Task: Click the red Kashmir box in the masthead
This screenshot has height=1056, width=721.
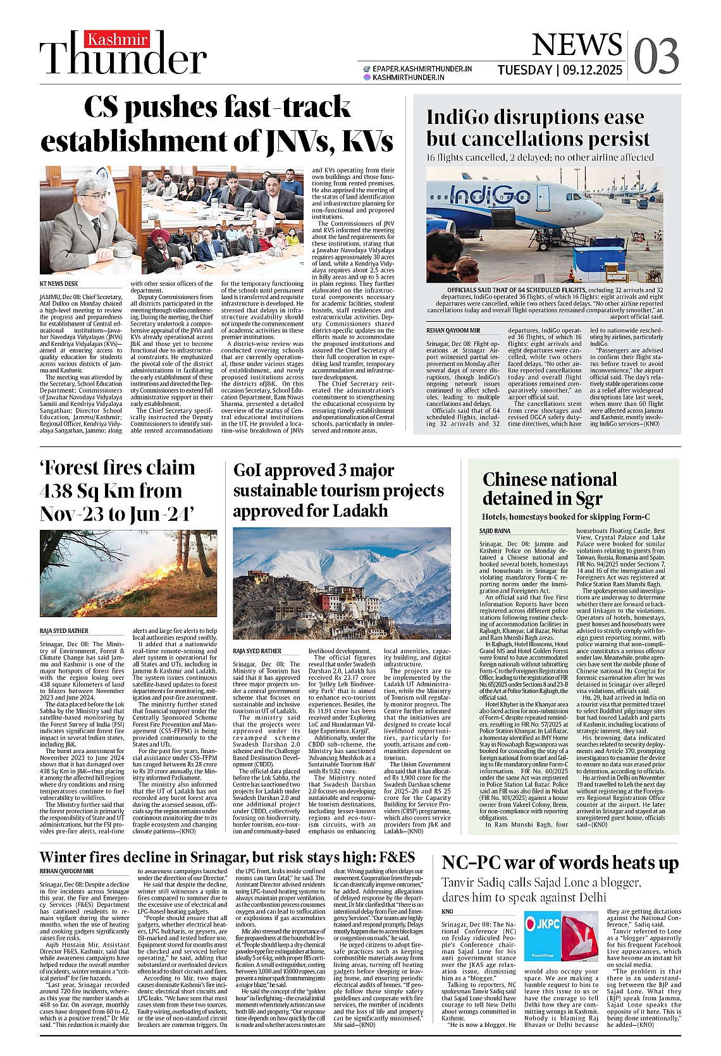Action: coord(118,39)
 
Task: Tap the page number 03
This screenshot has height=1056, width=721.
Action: coord(656,56)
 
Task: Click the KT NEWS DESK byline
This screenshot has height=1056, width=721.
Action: coord(59,284)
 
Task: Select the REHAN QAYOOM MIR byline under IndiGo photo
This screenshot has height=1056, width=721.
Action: coord(453,330)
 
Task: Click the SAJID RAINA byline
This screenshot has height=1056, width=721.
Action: coord(495,531)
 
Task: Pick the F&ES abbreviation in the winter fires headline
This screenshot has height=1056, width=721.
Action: coord(397,857)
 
